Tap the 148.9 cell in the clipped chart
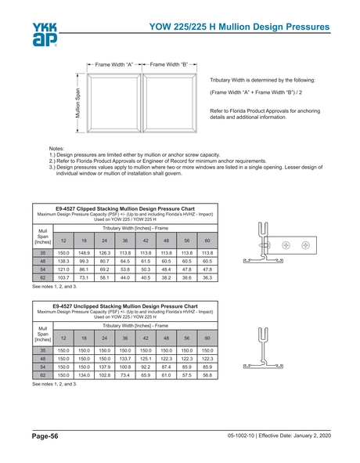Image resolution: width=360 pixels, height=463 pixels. [x=84, y=253]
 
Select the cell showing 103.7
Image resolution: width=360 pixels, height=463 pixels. [x=64, y=278]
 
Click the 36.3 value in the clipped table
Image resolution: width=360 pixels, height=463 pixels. [x=207, y=278]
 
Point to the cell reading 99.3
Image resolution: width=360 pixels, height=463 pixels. [x=84, y=262]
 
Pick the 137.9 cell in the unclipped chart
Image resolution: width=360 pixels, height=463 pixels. [x=104, y=367]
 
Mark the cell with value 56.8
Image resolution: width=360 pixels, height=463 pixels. [x=207, y=375]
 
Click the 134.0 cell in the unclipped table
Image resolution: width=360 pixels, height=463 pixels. [x=84, y=375]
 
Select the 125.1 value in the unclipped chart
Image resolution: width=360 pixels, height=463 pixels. [x=146, y=358]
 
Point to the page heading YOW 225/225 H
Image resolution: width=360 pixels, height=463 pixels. [x=239, y=28]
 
